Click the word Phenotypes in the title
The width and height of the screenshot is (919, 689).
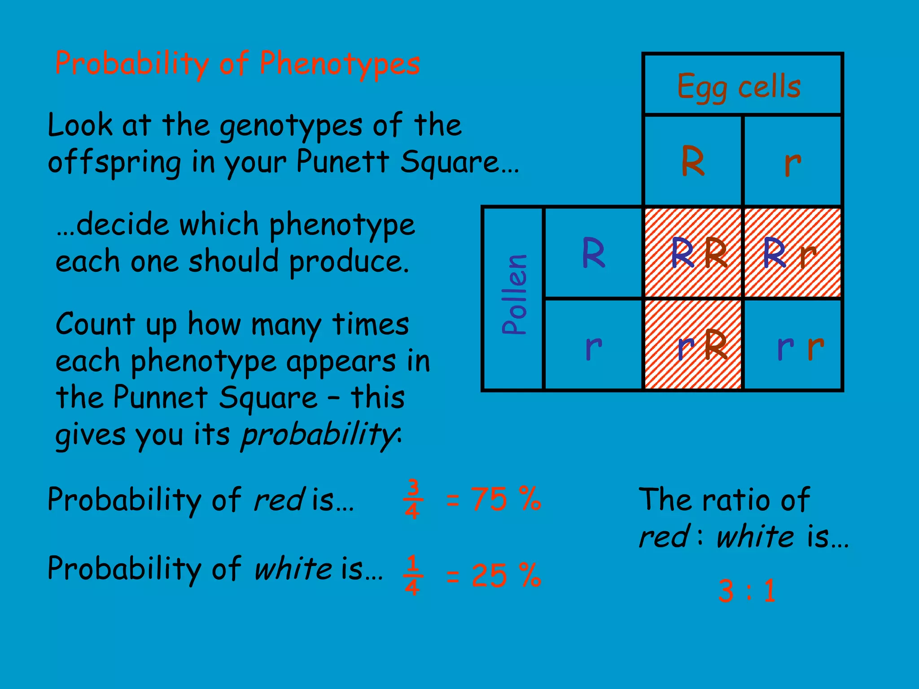(x=340, y=64)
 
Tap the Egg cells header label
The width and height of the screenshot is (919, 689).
(x=739, y=86)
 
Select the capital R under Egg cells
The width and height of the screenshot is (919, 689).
(x=692, y=161)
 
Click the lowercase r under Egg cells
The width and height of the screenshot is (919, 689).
(x=792, y=162)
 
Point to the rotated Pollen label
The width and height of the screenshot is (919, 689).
(x=514, y=294)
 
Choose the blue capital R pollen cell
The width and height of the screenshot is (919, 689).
(x=593, y=253)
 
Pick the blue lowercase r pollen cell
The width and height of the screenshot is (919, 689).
(x=593, y=347)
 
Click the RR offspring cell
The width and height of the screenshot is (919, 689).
(x=693, y=253)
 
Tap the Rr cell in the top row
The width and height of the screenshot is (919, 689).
(x=792, y=253)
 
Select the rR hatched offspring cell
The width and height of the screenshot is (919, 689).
(x=693, y=344)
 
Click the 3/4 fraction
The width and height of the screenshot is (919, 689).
(x=412, y=499)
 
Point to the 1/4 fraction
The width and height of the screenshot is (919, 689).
(x=412, y=575)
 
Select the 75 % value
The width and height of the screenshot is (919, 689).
(x=506, y=499)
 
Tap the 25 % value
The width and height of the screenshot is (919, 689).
(x=506, y=575)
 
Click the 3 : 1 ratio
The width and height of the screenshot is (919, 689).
(x=747, y=590)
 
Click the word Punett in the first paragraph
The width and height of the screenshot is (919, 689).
(x=343, y=161)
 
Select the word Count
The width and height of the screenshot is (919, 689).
(x=95, y=324)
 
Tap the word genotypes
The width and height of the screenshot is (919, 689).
(x=291, y=126)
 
